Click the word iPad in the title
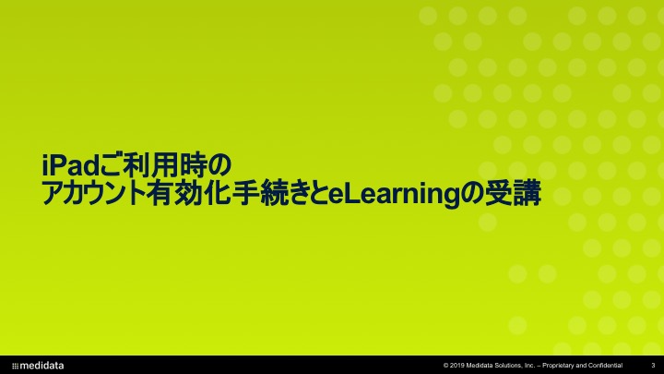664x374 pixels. (x=71, y=165)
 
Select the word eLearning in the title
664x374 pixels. (x=394, y=195)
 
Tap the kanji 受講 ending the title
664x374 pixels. (x=514, y=194)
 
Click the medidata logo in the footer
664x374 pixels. (x=38, y=366)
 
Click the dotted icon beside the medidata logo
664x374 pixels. (x=16, y=366)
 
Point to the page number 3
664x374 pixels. (x=653, y=366)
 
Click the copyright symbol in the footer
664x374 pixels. (x=446, y=366)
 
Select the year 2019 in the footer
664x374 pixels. (x=456, y=366)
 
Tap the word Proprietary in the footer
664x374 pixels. (x=559, y=366)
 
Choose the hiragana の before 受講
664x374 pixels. (x=472, y=194)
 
